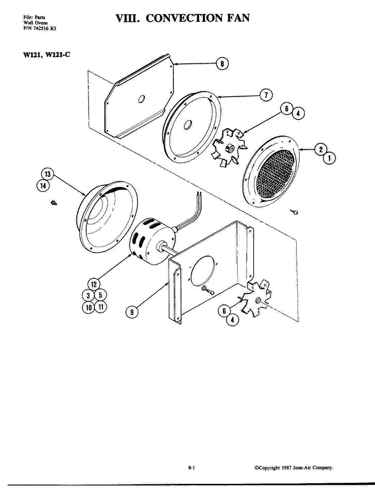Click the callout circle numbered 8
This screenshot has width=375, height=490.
(x=222, y=64)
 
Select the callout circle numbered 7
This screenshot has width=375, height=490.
(x=266, y=95)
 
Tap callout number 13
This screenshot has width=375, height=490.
(x=48, y=175)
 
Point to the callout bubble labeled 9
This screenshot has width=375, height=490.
(x=132, y=311)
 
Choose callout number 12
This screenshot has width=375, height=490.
(x=94, y=284)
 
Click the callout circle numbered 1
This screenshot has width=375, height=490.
(x=329, y=158)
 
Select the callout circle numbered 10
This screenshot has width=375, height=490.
(x=88, y=307)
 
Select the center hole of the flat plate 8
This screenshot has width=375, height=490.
(x=141, y=99)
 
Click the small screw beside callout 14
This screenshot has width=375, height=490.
(x=54, y=203)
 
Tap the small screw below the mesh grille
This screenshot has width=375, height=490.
(x=295, y=212)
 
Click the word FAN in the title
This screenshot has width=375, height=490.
(x=236, y=17)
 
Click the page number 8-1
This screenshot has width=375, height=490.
(x=191, y=468)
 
